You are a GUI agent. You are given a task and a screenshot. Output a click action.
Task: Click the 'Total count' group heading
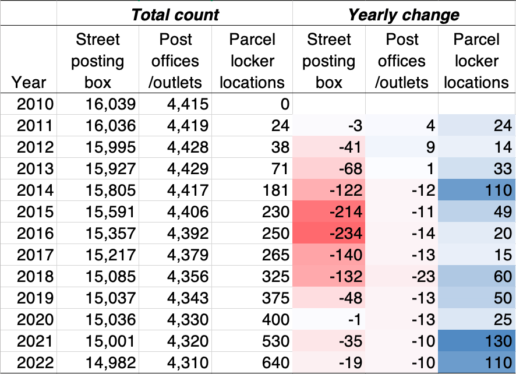[x=175, y=14]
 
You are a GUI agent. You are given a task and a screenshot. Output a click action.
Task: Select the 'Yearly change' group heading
[x=404, y=14]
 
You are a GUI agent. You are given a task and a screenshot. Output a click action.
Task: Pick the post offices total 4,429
[x=186, y=169]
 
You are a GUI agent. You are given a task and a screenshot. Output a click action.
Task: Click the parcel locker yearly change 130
[x=493, y=341]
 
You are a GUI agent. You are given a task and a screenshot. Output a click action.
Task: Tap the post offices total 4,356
[x=186, y=277]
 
